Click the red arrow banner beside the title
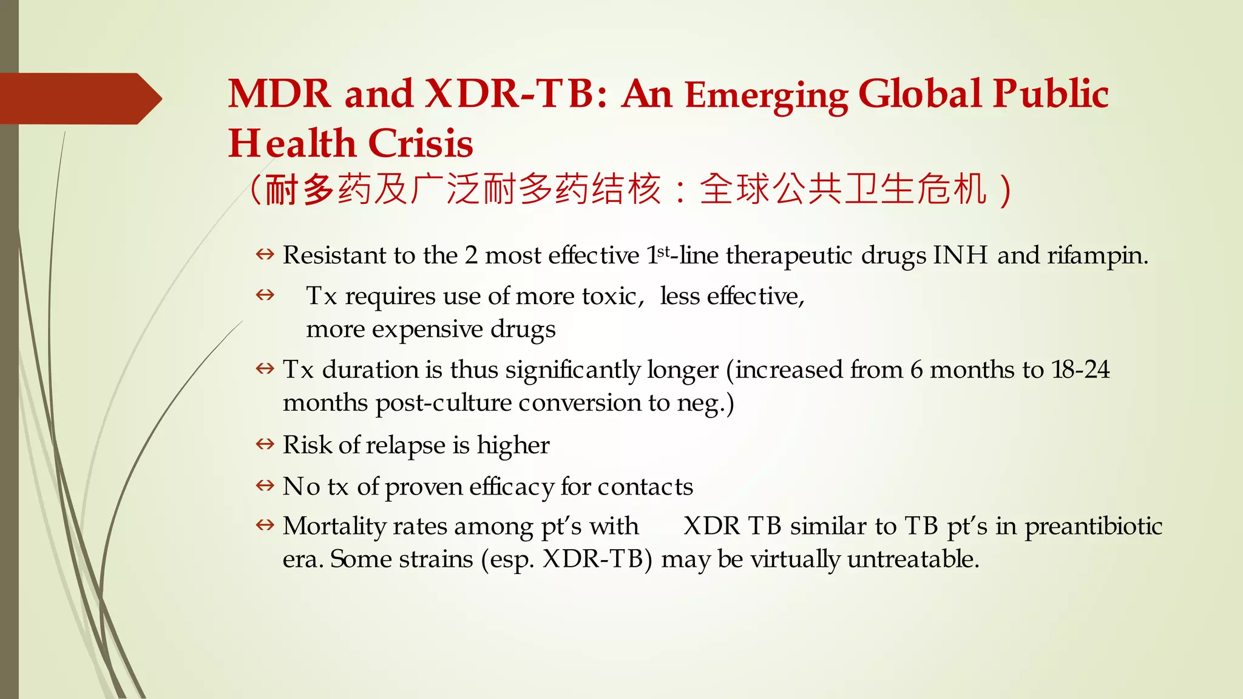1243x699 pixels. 79,98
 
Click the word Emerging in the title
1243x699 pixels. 766,95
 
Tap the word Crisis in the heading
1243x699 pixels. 420,144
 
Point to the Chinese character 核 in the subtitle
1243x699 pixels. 645,189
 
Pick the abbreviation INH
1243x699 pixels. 960,255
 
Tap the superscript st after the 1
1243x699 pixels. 664,251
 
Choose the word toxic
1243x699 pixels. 611,296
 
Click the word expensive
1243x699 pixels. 427,329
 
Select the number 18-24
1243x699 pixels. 1080,370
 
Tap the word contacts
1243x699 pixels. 645,487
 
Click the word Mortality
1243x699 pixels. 334,526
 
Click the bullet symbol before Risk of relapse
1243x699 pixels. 265,444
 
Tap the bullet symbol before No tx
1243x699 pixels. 265,485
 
